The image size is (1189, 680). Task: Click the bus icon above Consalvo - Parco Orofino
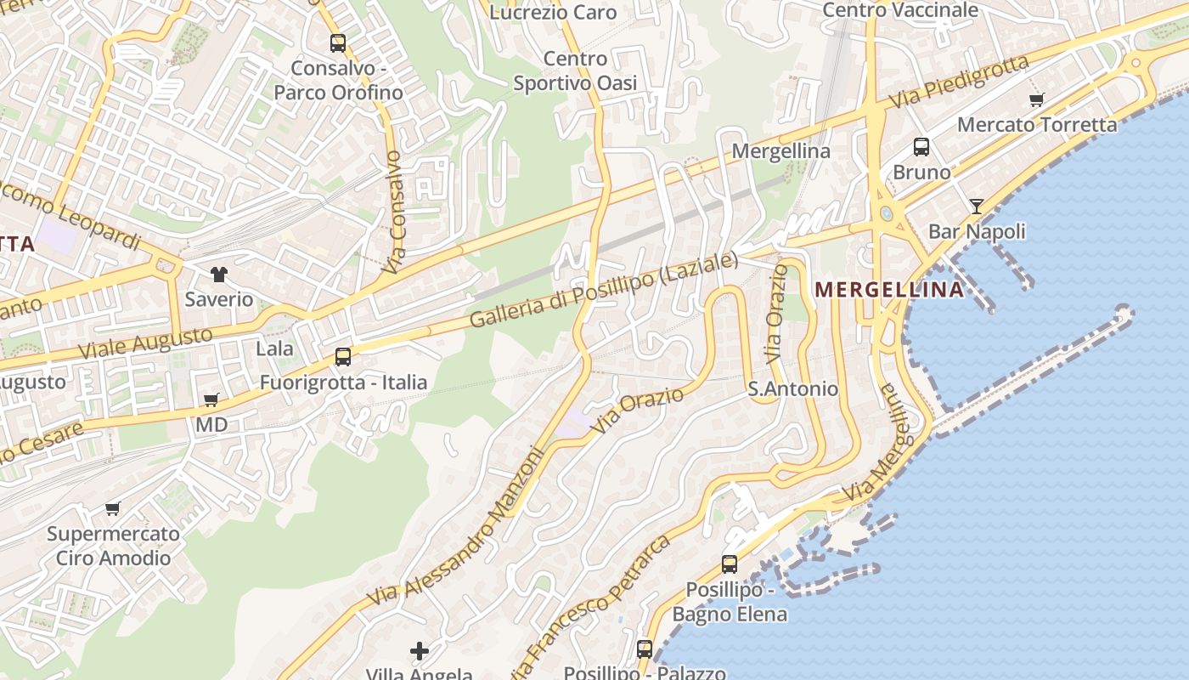[x=338, y=42]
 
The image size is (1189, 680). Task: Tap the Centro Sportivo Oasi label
[x=575, y=71]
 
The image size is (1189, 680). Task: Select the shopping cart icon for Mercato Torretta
[x=1036, y=99]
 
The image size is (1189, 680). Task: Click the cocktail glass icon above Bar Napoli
[x=977, y=206]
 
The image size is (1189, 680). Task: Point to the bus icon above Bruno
[x=921, y=147]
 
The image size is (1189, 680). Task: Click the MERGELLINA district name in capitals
[x=889, y=290]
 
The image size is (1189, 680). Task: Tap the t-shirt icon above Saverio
[x=219, y=274]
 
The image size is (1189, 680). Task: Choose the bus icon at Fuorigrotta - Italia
[x=343, y=357]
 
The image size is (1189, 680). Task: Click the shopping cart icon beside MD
[x=211, y=399]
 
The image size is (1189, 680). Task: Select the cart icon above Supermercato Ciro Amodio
[x=113, y=509]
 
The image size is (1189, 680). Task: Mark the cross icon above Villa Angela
[x=420, y=651]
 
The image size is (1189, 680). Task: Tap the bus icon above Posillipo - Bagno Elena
[x=730, y=564]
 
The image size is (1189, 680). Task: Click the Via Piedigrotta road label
[x=959, y=82]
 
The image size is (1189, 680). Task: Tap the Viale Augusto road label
[x=145, y=342]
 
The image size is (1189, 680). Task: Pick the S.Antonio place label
[x=792, y=389]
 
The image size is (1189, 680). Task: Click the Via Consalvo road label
[x=394, y=212]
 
